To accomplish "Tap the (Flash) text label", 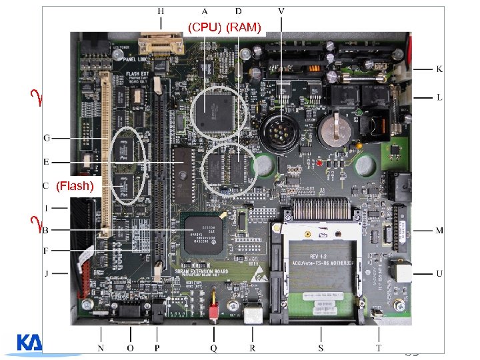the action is click(x=74, y=186).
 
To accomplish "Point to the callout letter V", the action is click(x=282, y=11).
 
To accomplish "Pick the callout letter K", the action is click(x=439, y=69).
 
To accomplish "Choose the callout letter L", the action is click(x=439, y=97).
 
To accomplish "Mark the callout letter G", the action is click(x=46, y=138).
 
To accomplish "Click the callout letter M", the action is click(x=439, y=231).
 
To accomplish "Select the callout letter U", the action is click(x=439, y=273).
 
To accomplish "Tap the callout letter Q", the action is click(x=213, y=348).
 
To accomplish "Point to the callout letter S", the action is click(x=321, y=348).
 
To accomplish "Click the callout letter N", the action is click(x=101, y=348).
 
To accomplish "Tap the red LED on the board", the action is click(x=320, y=162).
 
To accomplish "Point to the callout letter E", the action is click(x=46, y=162).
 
